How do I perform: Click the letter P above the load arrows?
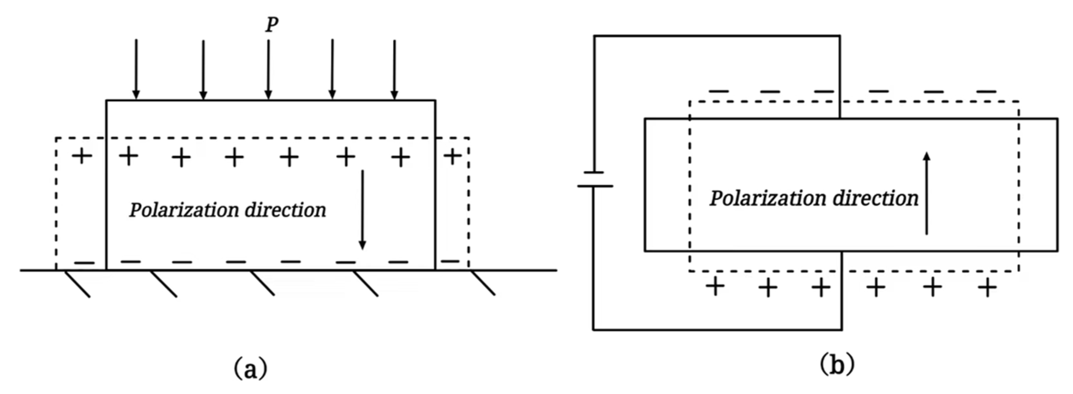point(272,25)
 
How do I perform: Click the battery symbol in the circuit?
point(595,179)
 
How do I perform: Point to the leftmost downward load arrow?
point(136,69)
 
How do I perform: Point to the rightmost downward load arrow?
point(395,69)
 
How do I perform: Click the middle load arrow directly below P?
point(268,69)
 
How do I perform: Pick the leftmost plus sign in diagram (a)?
point(82,156)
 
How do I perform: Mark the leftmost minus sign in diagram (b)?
point(719,91)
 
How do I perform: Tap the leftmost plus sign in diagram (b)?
point(715,287)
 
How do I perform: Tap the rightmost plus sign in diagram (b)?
point(987,288)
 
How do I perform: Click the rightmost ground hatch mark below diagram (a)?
point(483,284)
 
